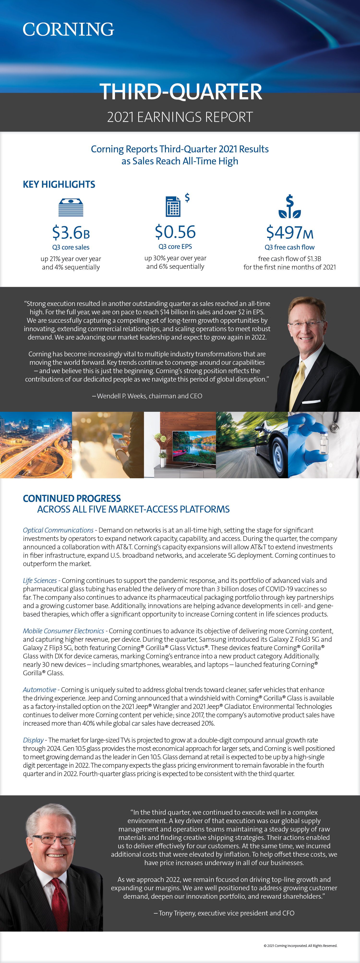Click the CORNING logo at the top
click(68, 30)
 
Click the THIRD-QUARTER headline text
click(180, 92)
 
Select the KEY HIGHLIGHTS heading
click(59, 184)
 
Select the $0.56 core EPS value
click(175, 232)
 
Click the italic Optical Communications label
click(58, 530)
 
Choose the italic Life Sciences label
click(40, 580)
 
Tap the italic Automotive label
click(39, 690)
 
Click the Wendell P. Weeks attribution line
click(147, 396)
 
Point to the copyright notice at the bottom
click(300, 946)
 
